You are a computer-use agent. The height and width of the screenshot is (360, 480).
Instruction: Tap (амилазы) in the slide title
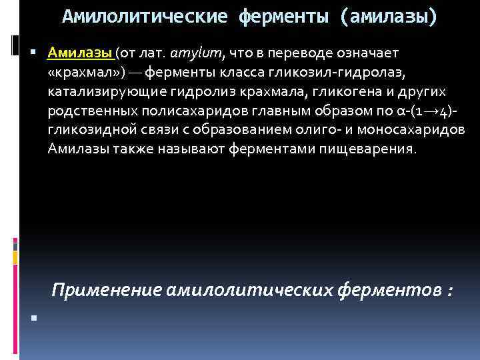389,16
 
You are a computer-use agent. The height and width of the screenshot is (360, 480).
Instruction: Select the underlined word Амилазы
80,53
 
